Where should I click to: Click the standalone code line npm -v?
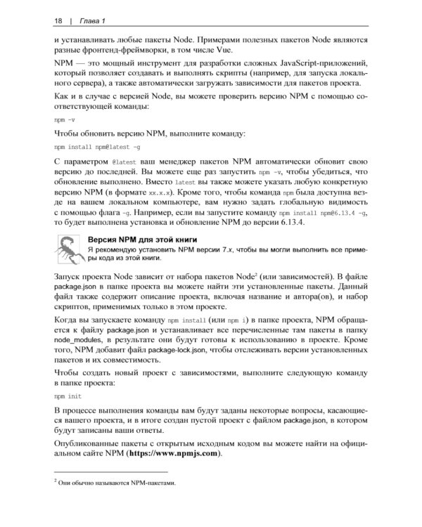click(x=67, y=120)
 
